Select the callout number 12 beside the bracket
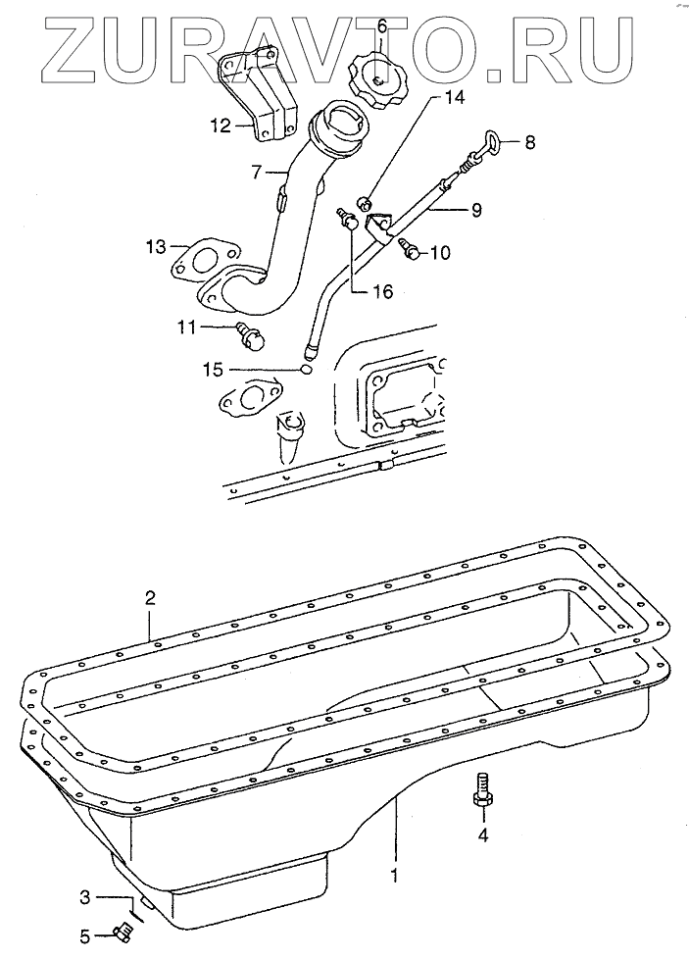tap(221, 126)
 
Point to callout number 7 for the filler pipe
tap(257, 172)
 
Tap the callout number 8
tap(529, 142)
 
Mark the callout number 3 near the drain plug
tap(85, 895)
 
